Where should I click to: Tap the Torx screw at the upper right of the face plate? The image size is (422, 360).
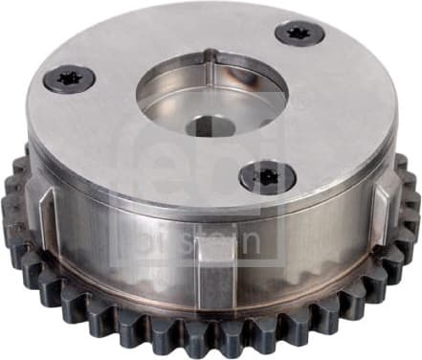coord(300,33)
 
